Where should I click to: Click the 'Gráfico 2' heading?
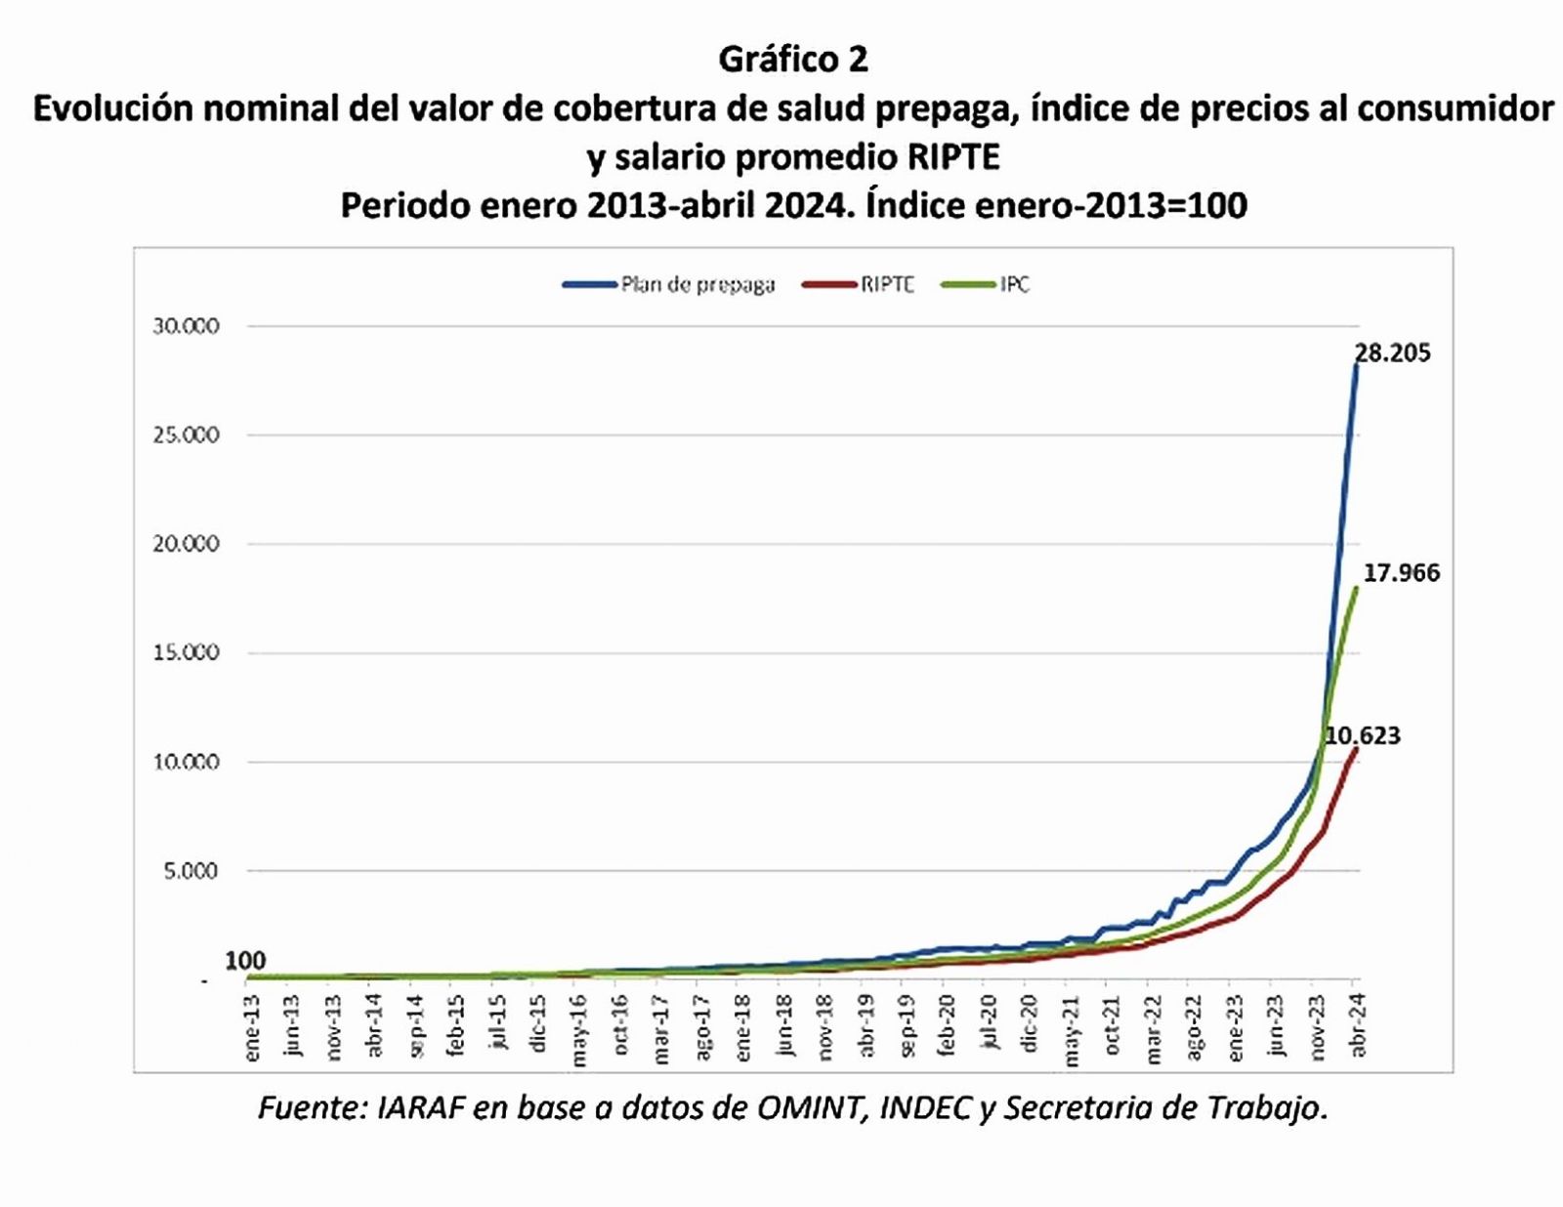coord(792,60)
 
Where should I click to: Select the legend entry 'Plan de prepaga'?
coord(697,285)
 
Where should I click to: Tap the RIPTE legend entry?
coord(886,285)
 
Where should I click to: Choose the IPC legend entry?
coord(1014,285)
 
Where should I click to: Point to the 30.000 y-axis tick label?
coord(186,326)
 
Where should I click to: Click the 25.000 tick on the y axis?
coord(186,435)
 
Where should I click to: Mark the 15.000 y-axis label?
coord(186,652)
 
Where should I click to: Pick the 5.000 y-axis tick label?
coord(191,870)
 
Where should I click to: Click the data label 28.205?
coord(1392,354)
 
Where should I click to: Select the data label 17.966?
coord(1401,573)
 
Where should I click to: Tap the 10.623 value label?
coord(1362,735)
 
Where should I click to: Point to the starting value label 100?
coord(245,961)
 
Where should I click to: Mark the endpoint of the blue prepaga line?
coord(1356,364)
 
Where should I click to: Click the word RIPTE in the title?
coord(951,156)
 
